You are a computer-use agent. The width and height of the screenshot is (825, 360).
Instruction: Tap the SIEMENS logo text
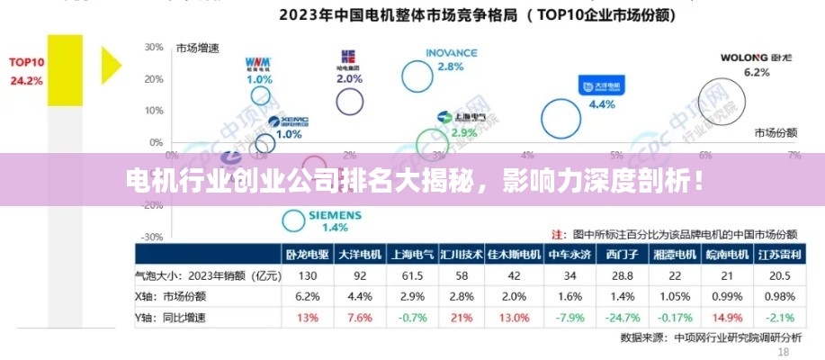335,216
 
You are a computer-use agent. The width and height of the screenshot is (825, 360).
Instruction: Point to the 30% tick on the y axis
153,47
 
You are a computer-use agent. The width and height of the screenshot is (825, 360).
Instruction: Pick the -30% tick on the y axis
153,238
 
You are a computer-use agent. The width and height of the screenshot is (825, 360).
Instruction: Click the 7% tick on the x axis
794,155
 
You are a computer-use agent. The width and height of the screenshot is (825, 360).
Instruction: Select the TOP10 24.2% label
26,71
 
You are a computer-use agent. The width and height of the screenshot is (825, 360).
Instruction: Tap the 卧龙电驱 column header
307,255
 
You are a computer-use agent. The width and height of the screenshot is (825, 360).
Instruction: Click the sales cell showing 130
307,275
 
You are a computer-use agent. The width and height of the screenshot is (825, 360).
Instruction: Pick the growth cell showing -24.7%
624,317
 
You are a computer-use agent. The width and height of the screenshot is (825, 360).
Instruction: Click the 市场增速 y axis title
199,48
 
